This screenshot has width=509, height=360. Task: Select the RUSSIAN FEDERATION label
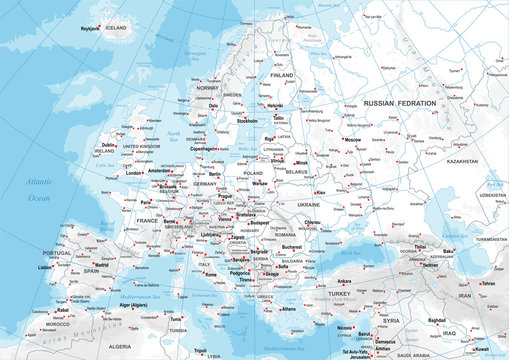coord(400,103)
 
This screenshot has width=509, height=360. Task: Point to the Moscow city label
coord(352,140)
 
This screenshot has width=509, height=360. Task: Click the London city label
coord(134,173)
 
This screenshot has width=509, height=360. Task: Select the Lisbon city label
coord(44,268)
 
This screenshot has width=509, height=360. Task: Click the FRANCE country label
coord(148,219)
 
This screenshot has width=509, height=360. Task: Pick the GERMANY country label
coord(205,185)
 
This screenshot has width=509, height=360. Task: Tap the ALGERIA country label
coord(120,345)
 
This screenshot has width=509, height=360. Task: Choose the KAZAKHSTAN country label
coord(464,160)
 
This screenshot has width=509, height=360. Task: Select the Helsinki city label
coord(275,105)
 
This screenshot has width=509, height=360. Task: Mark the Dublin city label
coord(108,144)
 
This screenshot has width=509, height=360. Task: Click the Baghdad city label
coord(435,320)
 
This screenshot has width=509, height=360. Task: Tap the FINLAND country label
coord(282,75)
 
